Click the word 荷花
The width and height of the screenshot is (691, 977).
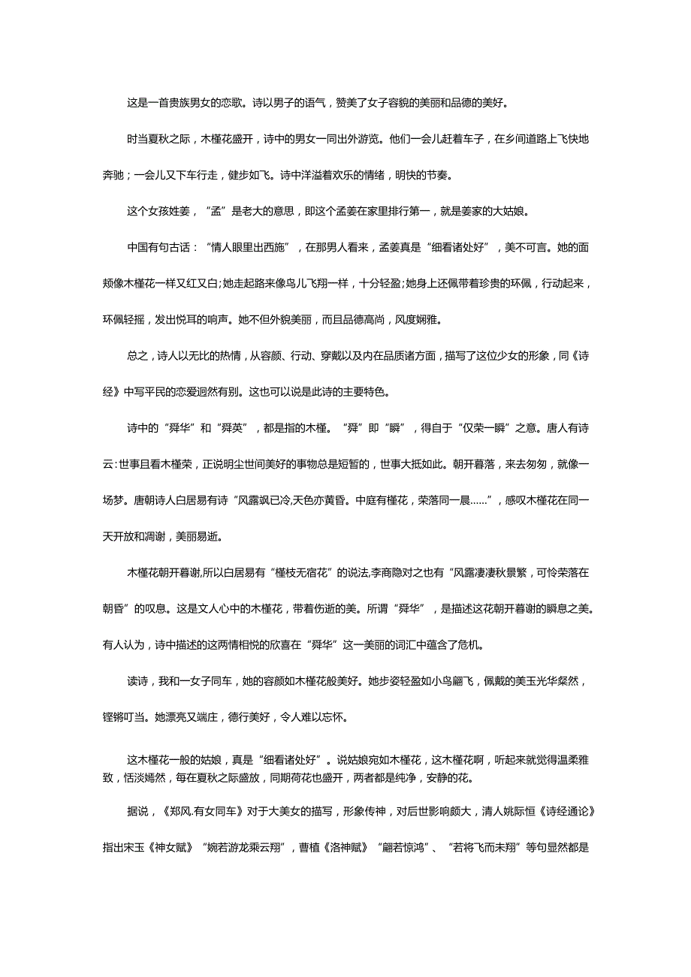(x=330, y=778)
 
